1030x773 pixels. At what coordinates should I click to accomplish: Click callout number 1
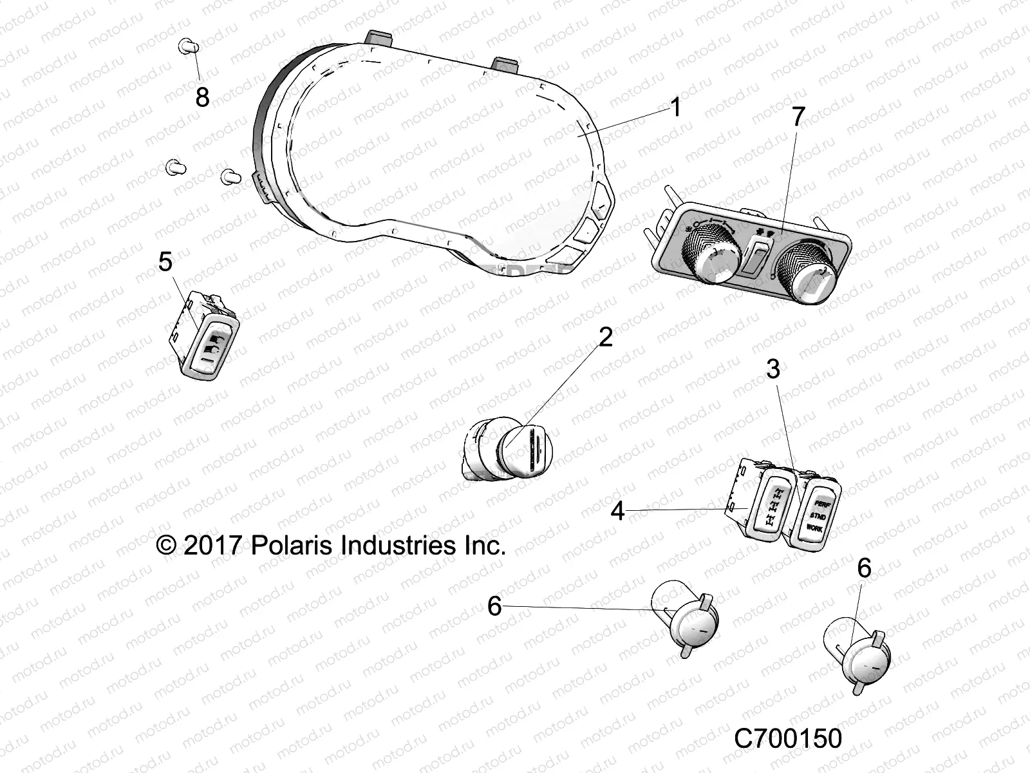pos(675,107)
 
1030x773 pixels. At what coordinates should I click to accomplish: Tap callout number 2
pos(605,337)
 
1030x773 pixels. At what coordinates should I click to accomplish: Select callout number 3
pos(773,369)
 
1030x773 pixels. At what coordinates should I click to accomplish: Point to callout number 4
pos(618,511)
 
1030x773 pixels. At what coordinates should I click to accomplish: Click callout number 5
pos(165,262)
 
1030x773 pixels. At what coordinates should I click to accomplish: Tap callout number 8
pos(202,97)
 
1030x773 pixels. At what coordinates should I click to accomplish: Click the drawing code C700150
pos(788,738)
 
